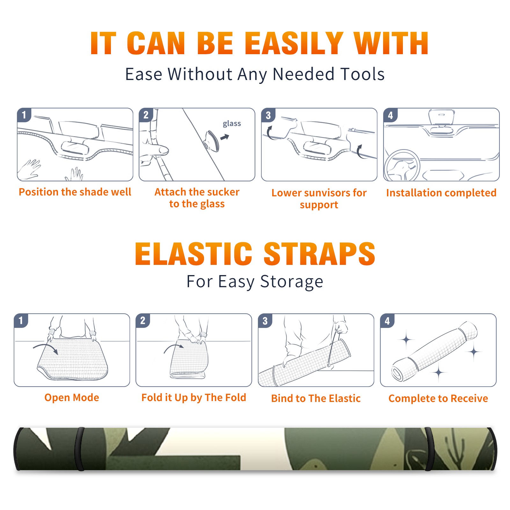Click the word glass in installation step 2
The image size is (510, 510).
[x=232, y=124]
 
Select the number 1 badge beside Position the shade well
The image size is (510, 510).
[x=24, y=115]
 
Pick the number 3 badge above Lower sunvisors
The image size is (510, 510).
[x=268, y=115]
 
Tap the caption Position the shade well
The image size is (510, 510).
[x=75, y=192]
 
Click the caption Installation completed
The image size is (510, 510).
[x=441, y=193]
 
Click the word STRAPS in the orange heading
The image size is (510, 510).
[x=319, y=254]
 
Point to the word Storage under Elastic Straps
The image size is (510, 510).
[x=292, y=282]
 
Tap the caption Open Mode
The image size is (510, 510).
[x=72, y=397]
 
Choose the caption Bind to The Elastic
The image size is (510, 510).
[x=316, y=398]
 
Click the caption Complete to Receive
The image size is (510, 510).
[x=438, y=398]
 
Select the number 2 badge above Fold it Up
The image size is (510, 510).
[x=143, y=320]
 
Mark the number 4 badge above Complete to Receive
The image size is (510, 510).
[x=387, y=321]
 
